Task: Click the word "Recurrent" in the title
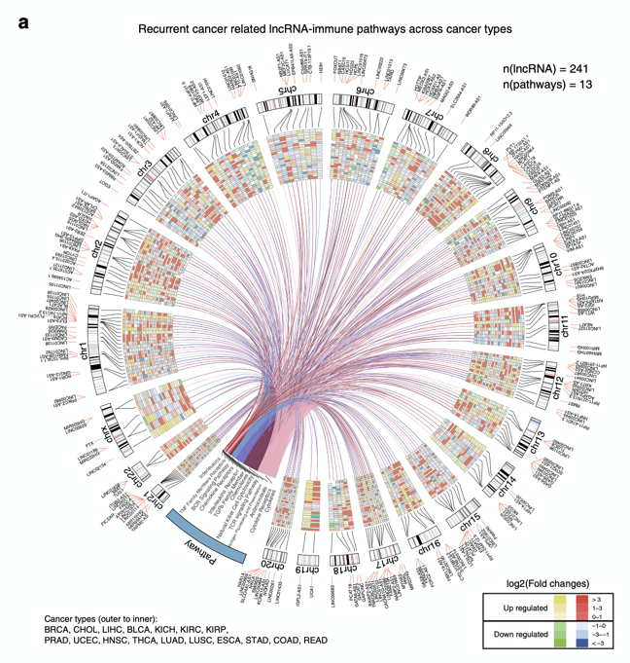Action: [x=170, y=29]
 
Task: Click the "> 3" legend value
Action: [x=597, y=598]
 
